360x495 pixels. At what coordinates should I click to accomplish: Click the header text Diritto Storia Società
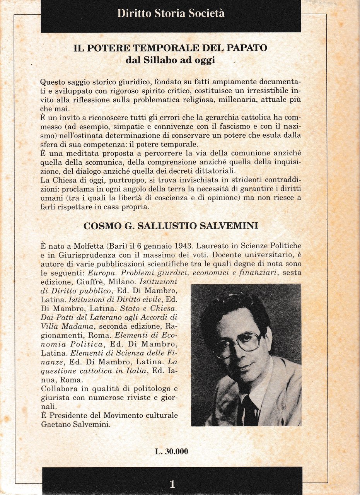tap(171, 14)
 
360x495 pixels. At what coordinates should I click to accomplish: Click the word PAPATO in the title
tap(248, 48)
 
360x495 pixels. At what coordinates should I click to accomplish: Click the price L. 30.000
tap(172, 451)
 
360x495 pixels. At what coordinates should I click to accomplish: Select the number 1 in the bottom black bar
tap(172, 484)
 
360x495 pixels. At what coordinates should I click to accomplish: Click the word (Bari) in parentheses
tap(113, 246)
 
